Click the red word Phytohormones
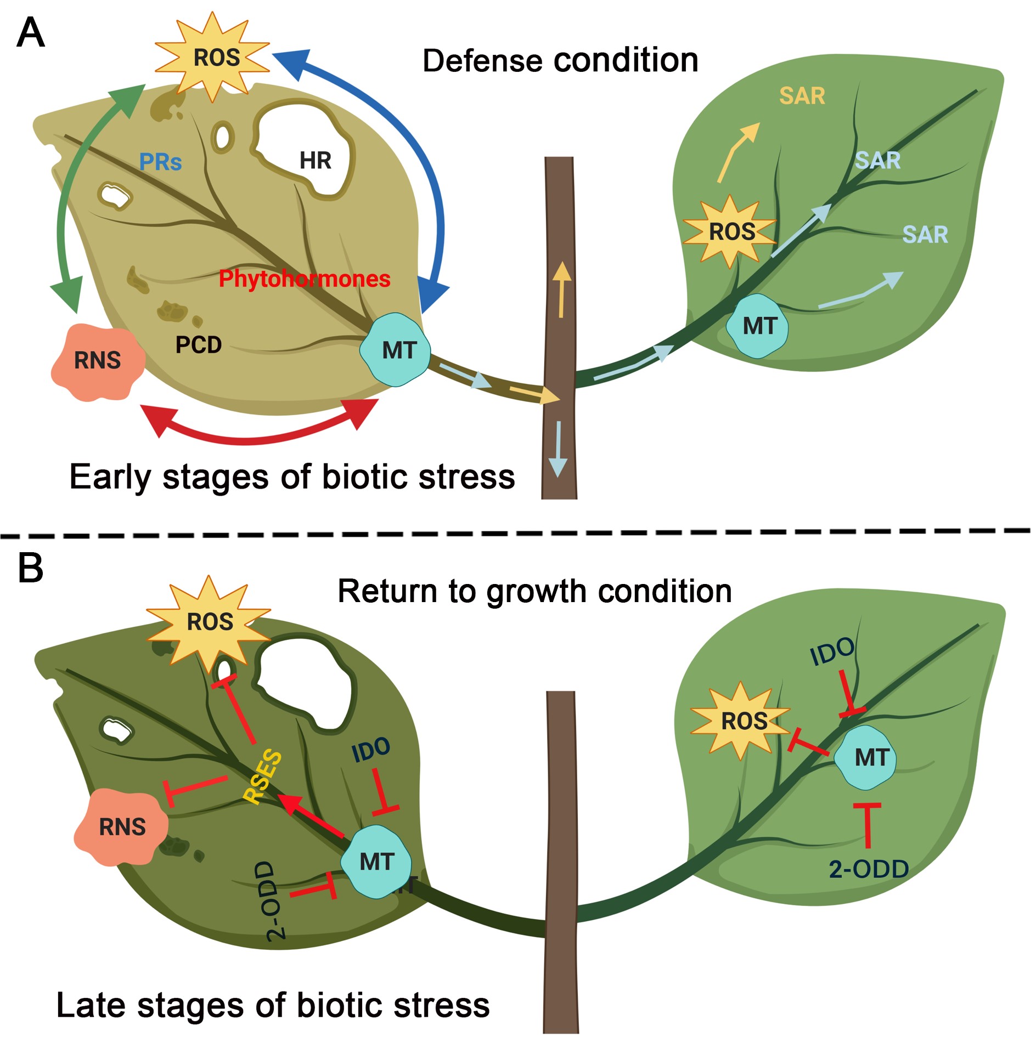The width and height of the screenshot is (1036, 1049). tap(305, 279)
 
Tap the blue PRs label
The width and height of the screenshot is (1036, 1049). tap(160, 162)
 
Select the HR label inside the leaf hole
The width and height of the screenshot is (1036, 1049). tap(316, 161)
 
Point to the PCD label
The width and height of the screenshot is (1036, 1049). tap(199, 344)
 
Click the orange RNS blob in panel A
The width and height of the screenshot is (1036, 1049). tap(98, 361)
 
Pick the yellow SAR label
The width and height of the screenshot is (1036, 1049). tap(802, 96)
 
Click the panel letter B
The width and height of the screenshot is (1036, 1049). tap(31, 568)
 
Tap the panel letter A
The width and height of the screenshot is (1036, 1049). tap(31, 33)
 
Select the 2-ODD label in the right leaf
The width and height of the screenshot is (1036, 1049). tap(869, 869)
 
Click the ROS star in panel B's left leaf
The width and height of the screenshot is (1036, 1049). tap(210, 622)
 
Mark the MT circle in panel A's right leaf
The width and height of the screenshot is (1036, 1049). tap(759, 326)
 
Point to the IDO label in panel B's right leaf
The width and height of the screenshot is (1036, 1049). tap(832, 651)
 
